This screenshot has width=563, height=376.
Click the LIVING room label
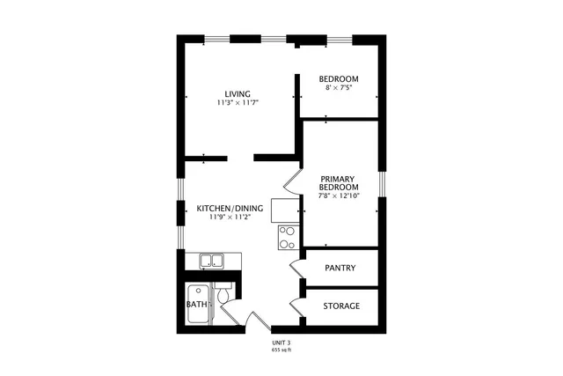tap(238, 93)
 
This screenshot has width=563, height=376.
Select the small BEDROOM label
tap(339, 79)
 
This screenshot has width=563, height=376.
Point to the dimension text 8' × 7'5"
tap(339, 88)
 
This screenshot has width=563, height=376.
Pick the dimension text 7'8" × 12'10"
tap(339, 196)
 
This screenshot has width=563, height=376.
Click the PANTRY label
tap(340, 268)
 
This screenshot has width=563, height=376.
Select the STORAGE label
tap(340, 306)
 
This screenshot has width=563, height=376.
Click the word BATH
tap(196, 305)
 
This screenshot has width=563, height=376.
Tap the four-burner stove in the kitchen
tap(288, 237)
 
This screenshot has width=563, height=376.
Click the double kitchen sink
tap(211, 260)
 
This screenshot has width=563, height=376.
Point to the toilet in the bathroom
tap(223, 297)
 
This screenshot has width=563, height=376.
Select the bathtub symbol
tap(199, 306)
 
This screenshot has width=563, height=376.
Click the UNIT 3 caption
tap(281, 342)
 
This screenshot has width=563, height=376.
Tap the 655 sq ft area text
tap(281, 350)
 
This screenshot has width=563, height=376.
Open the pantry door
tap(296, 268)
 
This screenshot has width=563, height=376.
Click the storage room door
tap(296, 306)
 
